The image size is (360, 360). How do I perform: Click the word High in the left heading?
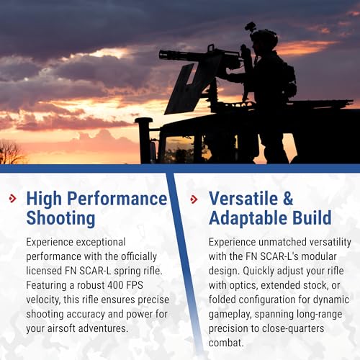pos(44,199)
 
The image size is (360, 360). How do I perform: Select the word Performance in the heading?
pos(117,199)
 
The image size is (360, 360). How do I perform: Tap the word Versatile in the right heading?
pos(243,199)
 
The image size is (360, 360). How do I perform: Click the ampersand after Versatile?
pos(288,199)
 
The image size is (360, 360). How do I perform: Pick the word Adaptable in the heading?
pos(248,218)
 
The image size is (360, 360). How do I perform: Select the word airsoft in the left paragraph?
pos(61,328)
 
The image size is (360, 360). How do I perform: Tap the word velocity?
pos(43,300)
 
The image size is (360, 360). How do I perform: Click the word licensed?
pos(44,271)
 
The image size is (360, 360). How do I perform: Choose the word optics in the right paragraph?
pos(243,286)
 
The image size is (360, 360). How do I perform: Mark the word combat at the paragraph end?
pos(226,343)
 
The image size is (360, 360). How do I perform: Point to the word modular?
pos(319,256)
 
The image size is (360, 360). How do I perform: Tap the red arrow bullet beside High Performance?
pos(13,199)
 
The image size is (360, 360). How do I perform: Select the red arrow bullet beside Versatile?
pos(194,199)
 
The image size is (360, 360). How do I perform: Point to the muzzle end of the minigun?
pos(160,54)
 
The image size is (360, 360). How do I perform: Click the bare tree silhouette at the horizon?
pos(11,152)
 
